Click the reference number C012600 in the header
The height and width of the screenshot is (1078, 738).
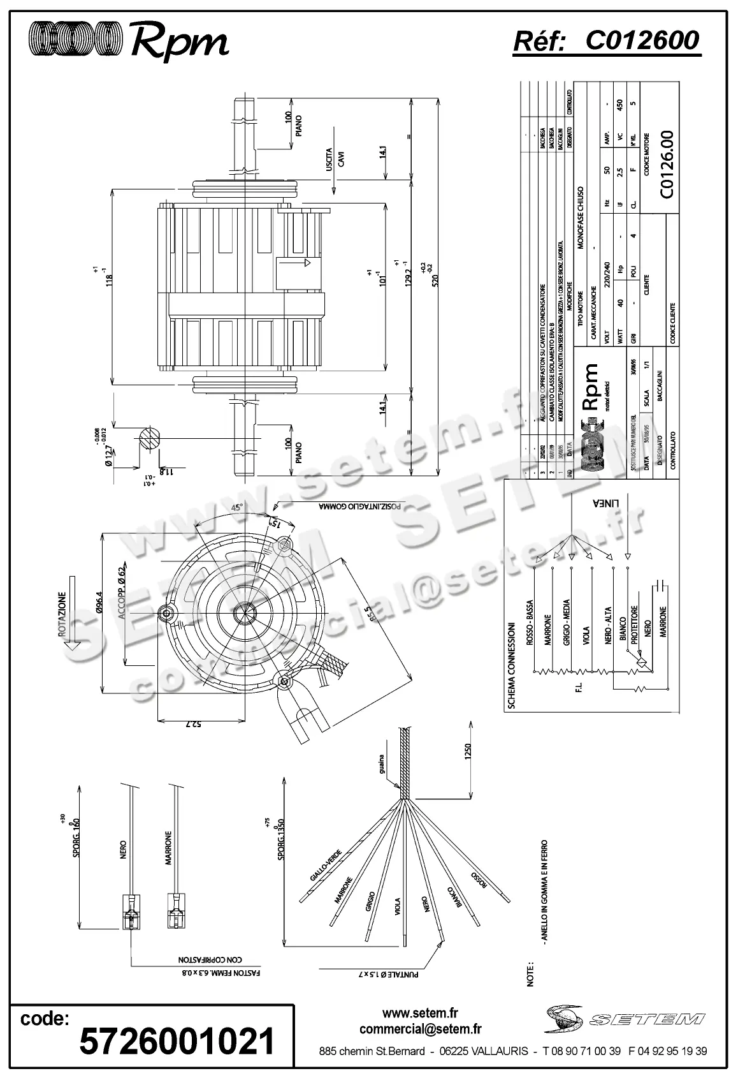point(642,41)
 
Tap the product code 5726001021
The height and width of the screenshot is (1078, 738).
point(177,1041)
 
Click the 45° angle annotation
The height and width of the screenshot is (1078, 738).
point(236,508)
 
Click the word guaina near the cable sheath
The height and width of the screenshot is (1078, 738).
point(380,764)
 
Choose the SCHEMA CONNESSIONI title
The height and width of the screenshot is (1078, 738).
point(511,666)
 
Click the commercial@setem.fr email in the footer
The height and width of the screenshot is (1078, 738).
point(420,1028)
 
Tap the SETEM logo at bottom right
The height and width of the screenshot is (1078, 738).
point(625,1019)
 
